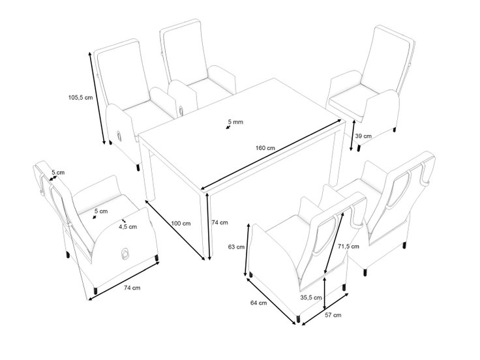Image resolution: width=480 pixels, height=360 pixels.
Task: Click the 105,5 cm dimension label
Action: tap(80, 98)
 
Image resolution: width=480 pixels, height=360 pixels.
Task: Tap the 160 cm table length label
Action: tap(265, 148)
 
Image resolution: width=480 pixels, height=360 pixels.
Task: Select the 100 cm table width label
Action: tap(181, 224)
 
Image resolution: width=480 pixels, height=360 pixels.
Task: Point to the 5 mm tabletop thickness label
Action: tap(235, 122)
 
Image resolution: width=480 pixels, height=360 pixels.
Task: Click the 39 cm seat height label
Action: tap(363, 136)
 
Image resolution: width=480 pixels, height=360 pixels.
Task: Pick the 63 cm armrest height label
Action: tap(236, 247)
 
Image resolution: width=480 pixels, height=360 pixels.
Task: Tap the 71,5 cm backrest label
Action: tap(348, 246)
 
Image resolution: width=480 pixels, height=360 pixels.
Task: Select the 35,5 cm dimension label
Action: tap(310, 297)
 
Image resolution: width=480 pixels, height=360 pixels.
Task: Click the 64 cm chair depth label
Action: tap(258, 303)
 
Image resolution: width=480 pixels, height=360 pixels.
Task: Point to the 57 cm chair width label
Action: tap(333, 315)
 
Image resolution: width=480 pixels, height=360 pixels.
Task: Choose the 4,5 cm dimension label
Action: tap(128, 227)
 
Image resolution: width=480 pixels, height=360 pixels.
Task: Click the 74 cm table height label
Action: tap(220, 222)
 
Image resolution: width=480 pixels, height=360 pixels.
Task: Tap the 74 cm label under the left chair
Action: tap(132, 288)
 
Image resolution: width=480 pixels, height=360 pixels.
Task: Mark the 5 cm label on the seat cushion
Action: tap(101, 211)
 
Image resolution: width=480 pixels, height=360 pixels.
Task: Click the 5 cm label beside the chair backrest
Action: tap(58, 173)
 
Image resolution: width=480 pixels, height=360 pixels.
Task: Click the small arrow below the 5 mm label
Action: tap(228, 127)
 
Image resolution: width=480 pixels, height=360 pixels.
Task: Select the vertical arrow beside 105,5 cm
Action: tap(97, 98)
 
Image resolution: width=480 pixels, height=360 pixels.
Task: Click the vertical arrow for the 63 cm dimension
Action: tap(247, 250)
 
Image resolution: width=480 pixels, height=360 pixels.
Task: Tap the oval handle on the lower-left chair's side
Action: tap(125, 254)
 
